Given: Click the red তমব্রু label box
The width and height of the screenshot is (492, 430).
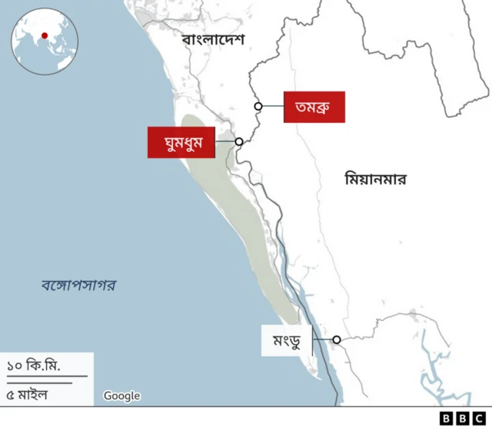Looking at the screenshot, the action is click(314, 107).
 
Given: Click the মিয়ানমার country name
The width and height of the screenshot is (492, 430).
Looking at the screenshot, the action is click(375, 180).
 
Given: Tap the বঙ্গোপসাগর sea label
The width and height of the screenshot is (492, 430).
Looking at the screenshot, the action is click(78, 286).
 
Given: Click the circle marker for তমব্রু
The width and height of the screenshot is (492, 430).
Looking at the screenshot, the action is click(259, 107).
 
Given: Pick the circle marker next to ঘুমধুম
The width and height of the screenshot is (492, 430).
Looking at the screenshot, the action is click(239, 142).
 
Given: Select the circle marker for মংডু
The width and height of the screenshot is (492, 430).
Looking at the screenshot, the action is click(337, 339).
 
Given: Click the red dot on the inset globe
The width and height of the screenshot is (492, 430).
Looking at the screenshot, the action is click(45, 35).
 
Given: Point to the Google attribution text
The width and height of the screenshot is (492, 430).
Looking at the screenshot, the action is click(122, 396).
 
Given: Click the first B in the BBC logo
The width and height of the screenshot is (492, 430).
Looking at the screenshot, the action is click(447, 418).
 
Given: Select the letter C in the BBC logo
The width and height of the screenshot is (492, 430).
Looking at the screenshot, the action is click(479, 418).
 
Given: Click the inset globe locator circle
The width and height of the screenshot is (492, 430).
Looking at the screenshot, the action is click(42, 42).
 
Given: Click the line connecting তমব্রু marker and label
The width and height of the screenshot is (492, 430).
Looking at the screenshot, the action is click(273, 107).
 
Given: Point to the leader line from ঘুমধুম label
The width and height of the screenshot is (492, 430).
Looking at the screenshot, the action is click(224, 142).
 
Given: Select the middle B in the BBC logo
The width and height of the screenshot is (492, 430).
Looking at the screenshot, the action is click(463, 418).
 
